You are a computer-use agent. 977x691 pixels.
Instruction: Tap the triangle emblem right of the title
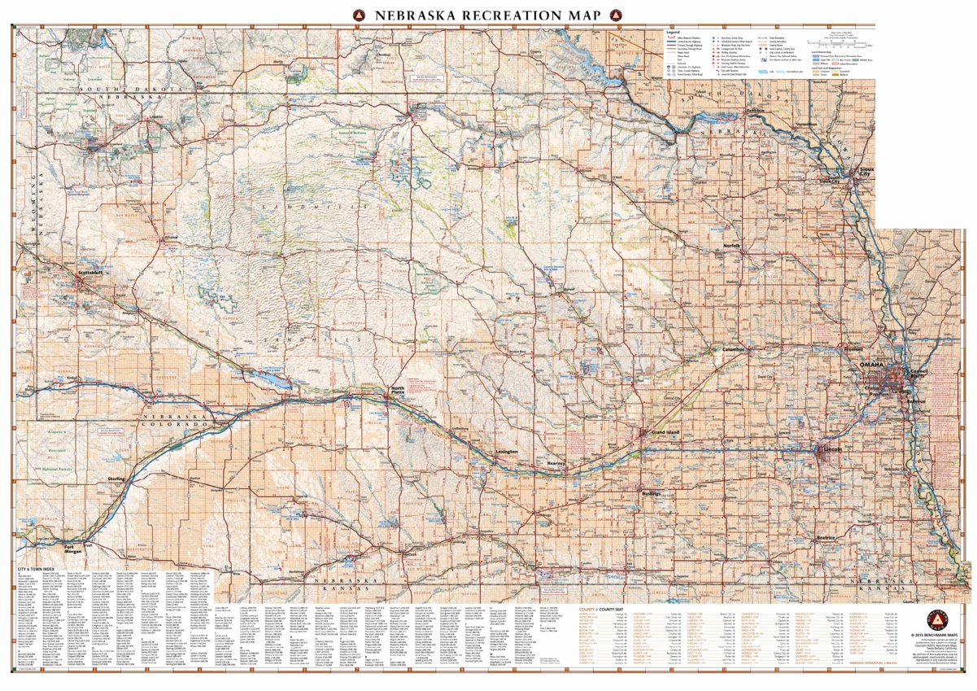click(617, 15)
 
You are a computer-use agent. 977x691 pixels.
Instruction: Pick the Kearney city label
click(556, 463)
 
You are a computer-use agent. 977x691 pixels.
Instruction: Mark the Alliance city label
click(172, 238)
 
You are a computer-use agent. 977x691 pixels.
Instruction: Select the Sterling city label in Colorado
click(116, 479)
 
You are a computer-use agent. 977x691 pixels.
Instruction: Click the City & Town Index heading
click(37, 567)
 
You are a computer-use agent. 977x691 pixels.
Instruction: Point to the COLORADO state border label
click(174, 424)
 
